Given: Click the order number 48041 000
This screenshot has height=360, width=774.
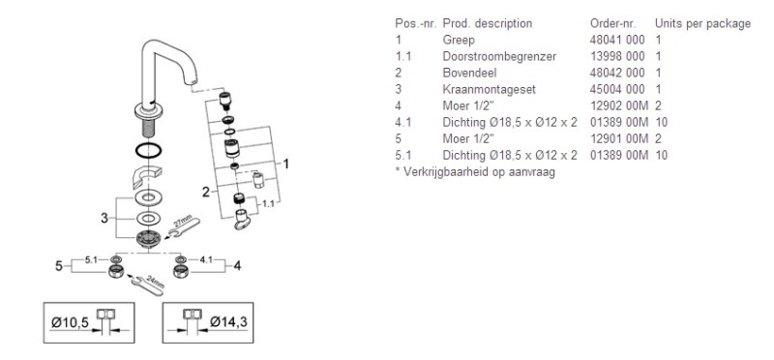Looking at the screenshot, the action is [x=617, y=40].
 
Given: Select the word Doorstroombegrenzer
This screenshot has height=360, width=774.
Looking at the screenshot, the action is [x=499, y=56].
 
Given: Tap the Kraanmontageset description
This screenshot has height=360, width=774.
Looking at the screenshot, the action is [x=489, y=89].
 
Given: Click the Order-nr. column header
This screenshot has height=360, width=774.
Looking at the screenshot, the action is [x=612, y=23].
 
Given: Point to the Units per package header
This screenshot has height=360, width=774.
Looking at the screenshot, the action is [x=702, y=23].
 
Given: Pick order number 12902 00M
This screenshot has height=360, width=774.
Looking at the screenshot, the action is [x=618, y=105].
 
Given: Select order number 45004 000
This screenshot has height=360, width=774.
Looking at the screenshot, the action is [x=617, y=89].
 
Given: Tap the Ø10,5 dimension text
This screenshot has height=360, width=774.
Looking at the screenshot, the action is [x=70, y=322].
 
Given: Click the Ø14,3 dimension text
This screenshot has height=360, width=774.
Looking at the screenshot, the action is [x=228, y=322].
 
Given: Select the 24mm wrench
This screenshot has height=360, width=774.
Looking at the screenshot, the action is [x=147, y=285].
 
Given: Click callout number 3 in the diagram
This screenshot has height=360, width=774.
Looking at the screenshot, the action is [x=104, y=218].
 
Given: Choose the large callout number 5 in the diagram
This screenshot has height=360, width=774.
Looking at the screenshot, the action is [x=59, y=266].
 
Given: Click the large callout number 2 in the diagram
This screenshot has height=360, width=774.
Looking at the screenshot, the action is [x=206, y=192].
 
